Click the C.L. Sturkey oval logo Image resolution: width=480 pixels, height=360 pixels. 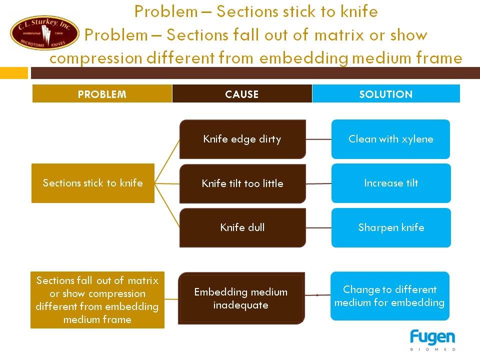[x=44, y=33]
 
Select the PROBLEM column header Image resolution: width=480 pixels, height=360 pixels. [x=102, y=93]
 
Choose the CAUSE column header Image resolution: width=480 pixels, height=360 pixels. [x=242, y=93]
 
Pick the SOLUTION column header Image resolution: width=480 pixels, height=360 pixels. [x=386, y=93]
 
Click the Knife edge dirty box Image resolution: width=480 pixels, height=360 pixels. [x=242, y=139]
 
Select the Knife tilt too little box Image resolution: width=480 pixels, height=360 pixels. [x=242, y=183]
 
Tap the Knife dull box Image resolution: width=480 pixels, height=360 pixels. [x=242, y=228]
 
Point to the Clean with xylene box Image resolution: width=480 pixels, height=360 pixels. [x=390, y=139]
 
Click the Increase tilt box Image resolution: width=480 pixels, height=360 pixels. [x=391, y=183]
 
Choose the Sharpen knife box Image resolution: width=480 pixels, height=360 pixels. [x=391, y=228]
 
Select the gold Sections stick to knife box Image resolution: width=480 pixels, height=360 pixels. [x=93, y=183]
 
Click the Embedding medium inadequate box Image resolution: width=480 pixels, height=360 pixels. [x=241, y=298]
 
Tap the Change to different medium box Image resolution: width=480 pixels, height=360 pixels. [x=389, y=296]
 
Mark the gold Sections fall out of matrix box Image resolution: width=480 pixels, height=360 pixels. [x=97, y=300]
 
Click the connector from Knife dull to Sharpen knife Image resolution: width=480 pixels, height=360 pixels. [x=318, y=228]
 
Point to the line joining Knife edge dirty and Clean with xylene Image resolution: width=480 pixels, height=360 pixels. [x=318, y=139]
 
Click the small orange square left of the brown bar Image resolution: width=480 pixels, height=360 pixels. [x=14, y=73]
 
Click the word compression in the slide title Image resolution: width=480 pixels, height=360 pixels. [x=96, y=58]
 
